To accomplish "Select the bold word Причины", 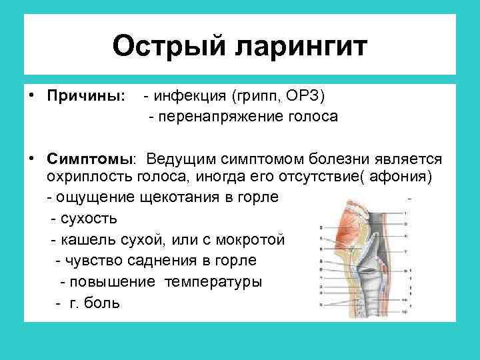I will pyautogui.click(x=85, y=97).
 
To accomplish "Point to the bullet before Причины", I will pyautogui.click(x=31, y=96).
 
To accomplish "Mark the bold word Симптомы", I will pyautogui.click(x=91, y=159).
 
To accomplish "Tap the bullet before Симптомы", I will pyautogui.click(x=31, y=159).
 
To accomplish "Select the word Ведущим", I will pyautogui.click(x=179, y=159).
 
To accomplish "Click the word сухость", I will pyautogui.click(x=89, y=218).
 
